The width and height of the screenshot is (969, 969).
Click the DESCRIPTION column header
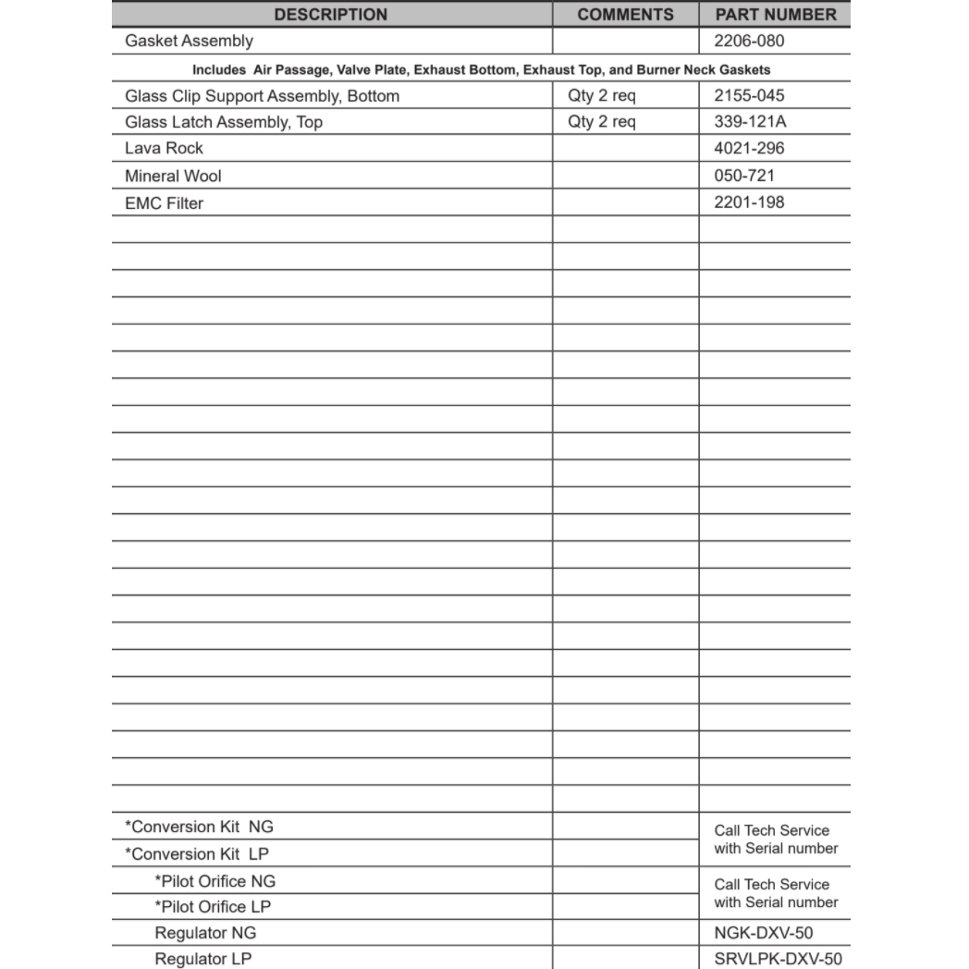coord(331,15)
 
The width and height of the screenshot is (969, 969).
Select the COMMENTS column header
coord(625,15)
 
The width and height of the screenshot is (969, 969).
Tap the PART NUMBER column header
coord(775,15)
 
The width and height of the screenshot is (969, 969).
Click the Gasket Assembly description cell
coord(189,41)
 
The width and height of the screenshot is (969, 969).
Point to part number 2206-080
coord(749,41)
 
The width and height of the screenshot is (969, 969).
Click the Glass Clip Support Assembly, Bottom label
coord(262,95)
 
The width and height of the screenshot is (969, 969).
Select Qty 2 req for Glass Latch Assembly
coord(601,122)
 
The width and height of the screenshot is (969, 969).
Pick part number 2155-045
coord(749,95)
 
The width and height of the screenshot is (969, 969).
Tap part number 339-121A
coord(750,122)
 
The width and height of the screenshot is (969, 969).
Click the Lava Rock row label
coord(164,148)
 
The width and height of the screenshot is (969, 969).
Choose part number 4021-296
coord(749,148)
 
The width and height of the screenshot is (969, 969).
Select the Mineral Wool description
coord(173,176)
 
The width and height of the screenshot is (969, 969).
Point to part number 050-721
coord(744,176)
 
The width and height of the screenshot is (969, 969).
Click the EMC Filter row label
coord(164,202)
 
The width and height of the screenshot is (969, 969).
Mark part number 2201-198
coord(749,202)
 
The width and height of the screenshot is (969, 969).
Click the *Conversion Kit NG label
coord(199,827)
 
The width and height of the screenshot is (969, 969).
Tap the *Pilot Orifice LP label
coord(213,907)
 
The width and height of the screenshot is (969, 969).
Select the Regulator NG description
coord(205,933)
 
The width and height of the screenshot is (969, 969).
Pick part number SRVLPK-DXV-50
coord(778,960)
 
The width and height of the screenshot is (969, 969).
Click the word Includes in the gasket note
coord(219,69)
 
